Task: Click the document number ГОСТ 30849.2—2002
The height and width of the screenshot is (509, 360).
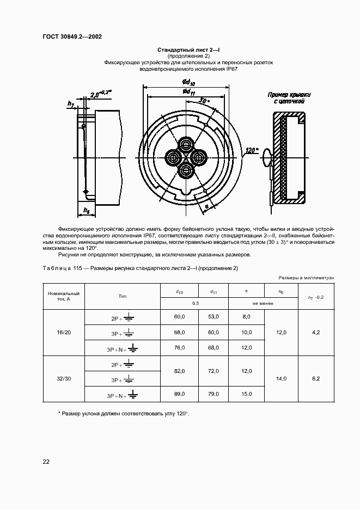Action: tap(72, 37)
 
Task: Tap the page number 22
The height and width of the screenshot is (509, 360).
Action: tap(46, 462)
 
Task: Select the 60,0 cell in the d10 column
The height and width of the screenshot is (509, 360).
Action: tap(179, 316)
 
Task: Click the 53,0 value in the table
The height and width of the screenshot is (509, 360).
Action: tap(213, 316)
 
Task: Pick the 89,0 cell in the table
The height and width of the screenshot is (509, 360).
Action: tap(179, 394)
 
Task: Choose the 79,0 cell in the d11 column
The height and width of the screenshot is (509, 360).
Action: tap(213, 394)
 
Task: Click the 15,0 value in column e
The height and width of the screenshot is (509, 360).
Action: tap(246, 394)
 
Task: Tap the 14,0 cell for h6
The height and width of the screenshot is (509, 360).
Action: tap(281, 378)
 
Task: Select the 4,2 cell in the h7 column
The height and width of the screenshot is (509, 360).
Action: tap(316, 332)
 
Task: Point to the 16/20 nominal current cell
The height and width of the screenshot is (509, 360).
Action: tap(64, 332)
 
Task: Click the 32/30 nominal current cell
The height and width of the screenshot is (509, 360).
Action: tap(64, 378)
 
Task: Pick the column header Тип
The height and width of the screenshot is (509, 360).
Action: tap(122, 296)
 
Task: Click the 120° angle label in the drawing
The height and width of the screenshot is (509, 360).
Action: tap(251, 150)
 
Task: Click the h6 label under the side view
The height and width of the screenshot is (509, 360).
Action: tap(87, 210)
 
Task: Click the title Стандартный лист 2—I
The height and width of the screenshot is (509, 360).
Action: tap(188, 50)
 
